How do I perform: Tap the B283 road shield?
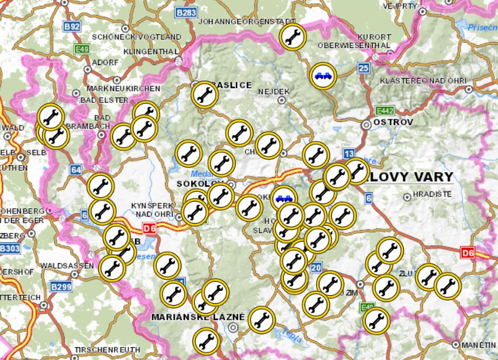[186, 12]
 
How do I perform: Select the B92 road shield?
[72, 27]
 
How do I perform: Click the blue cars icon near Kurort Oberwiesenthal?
[324, 76]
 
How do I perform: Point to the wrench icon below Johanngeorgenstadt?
[291, 36]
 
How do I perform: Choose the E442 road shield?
[385, 110]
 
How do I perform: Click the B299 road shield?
[61, 286]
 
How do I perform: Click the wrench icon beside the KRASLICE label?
[204, 95]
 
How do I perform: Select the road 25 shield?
[364, 68]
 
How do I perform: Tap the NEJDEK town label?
[274, 91]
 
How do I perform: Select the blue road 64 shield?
[76, 170]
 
